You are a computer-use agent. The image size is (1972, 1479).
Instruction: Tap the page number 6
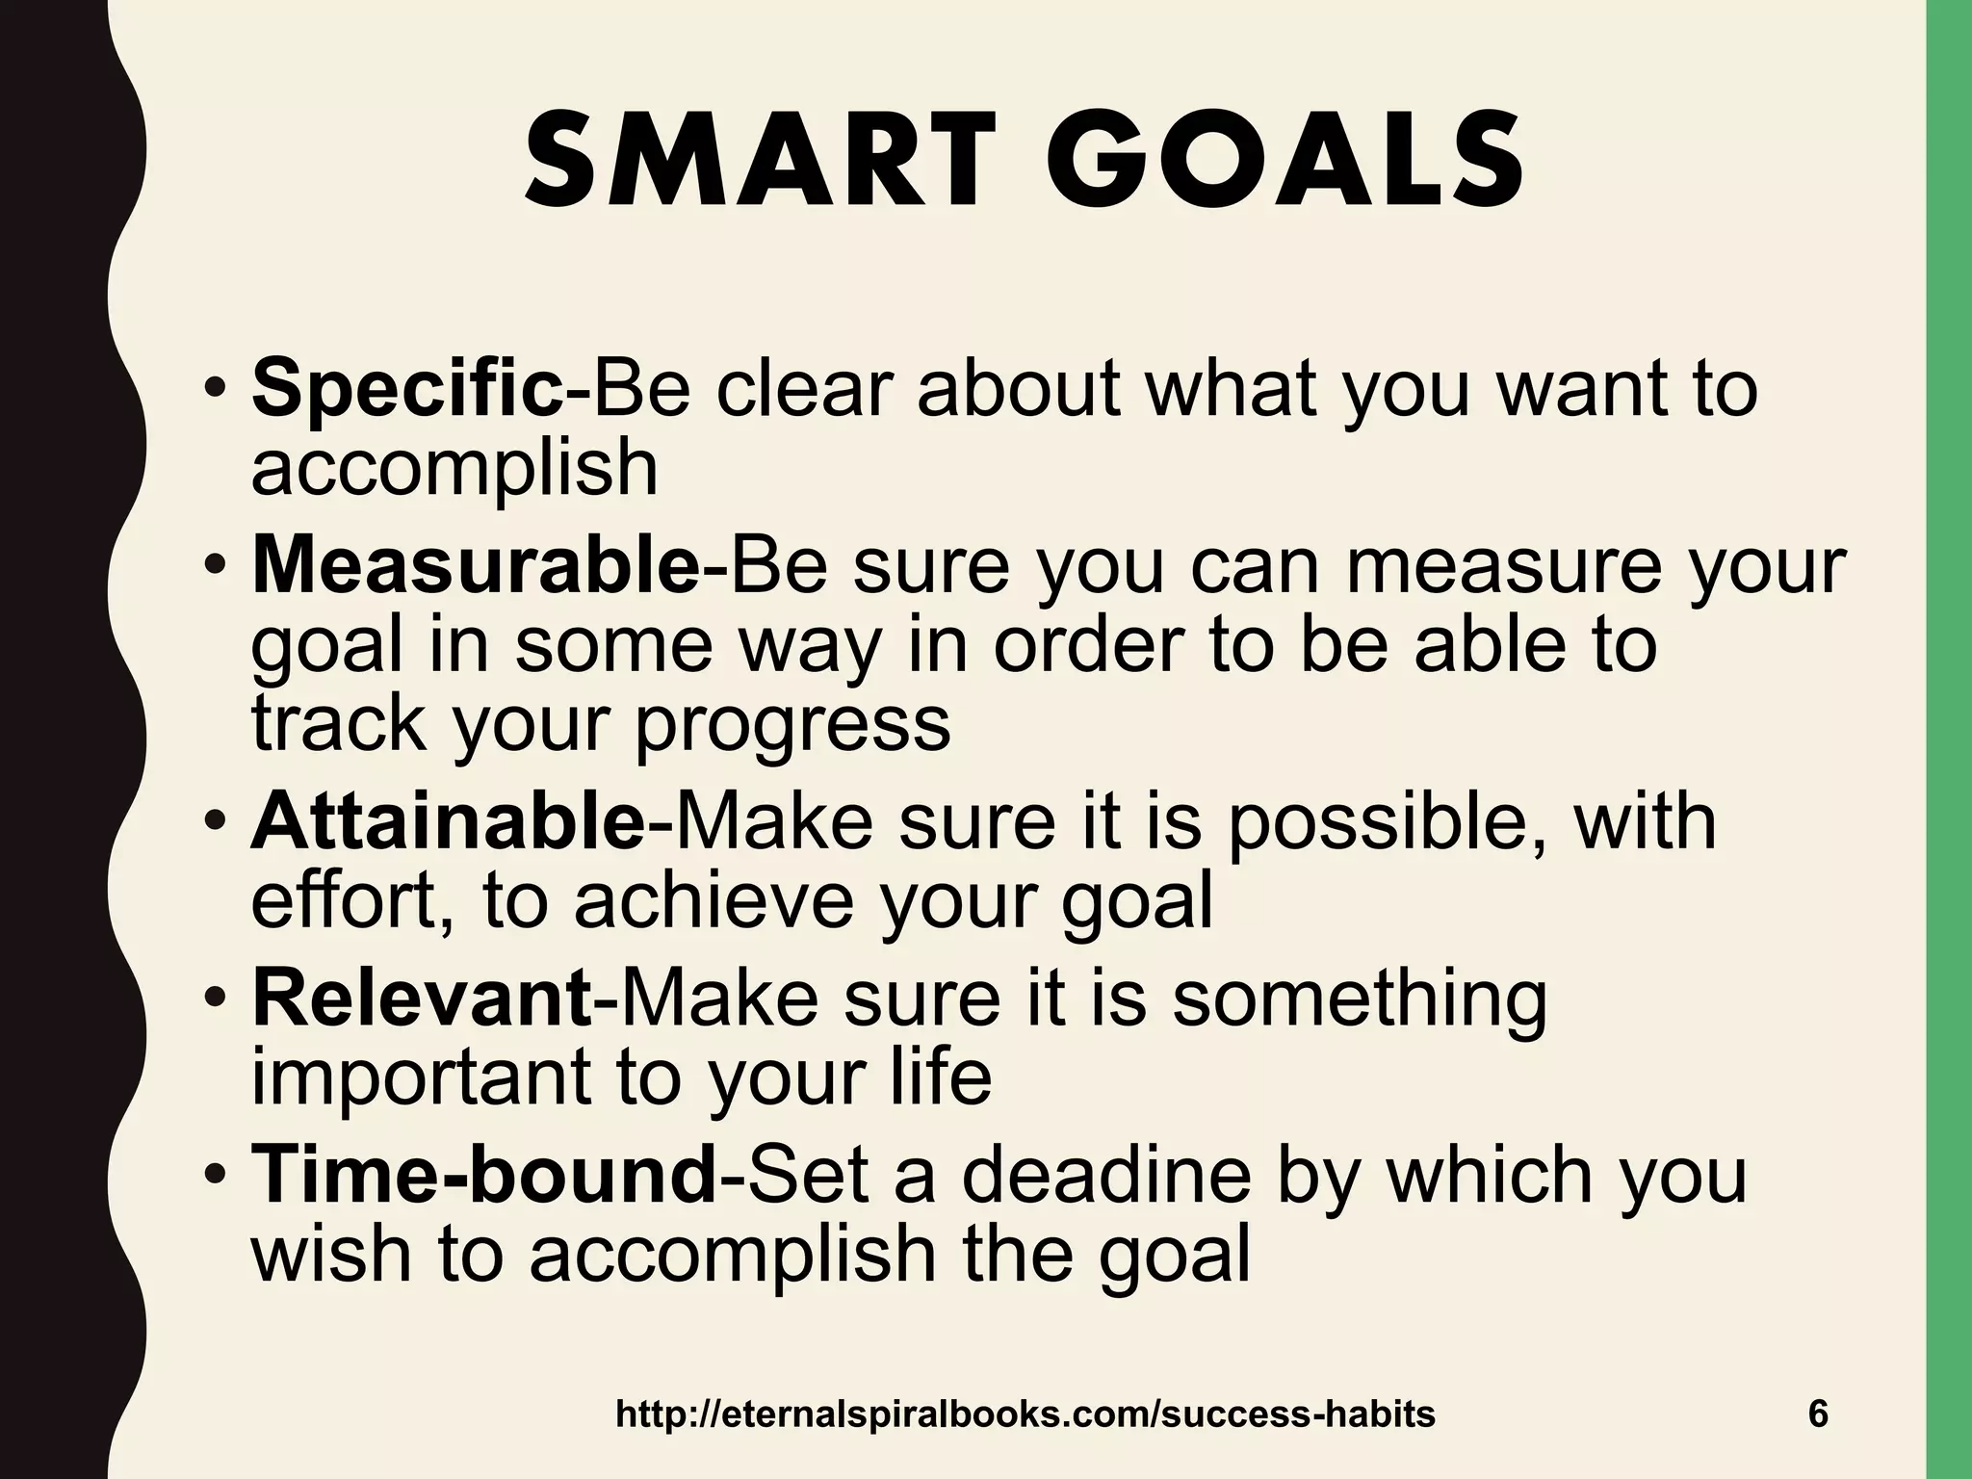pos(1818,1414)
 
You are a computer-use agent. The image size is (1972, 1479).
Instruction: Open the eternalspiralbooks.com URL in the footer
pos(1025,1414)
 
